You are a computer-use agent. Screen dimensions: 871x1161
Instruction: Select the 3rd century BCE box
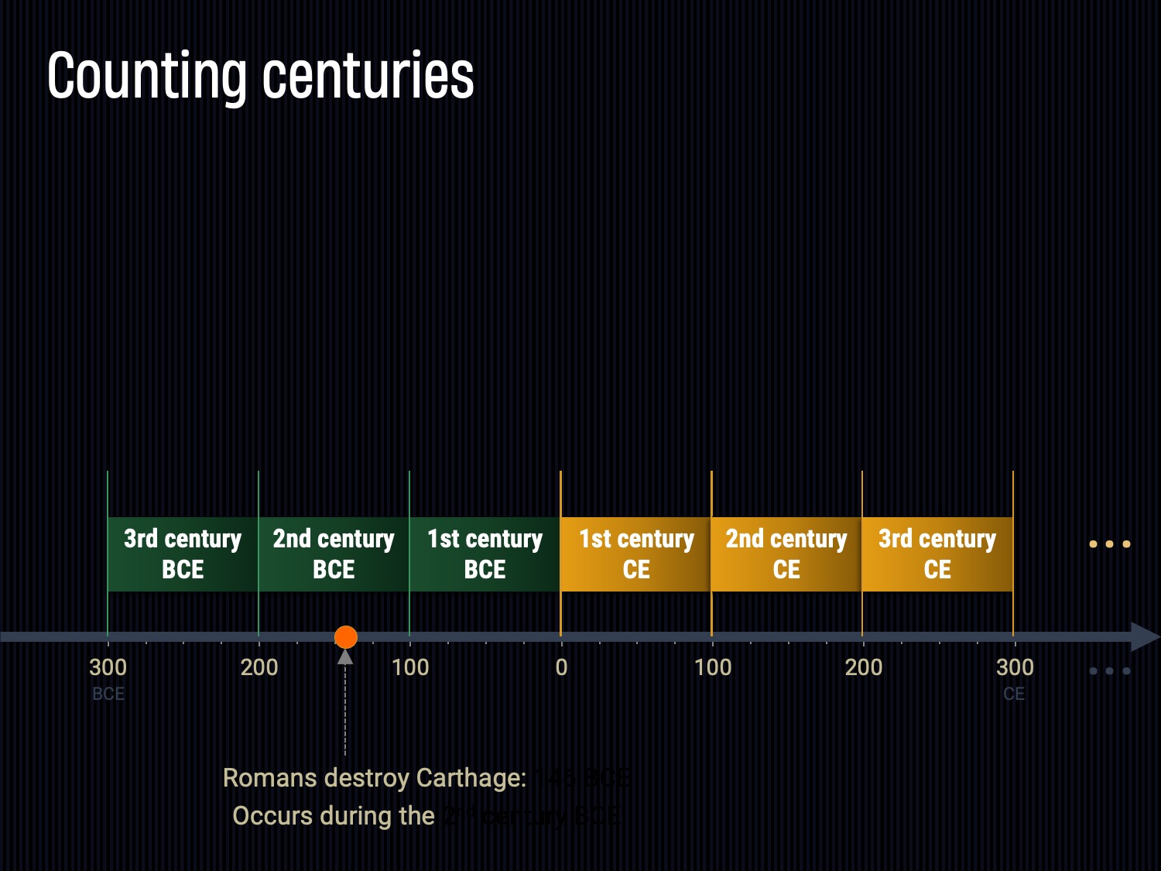[x=183, y=554]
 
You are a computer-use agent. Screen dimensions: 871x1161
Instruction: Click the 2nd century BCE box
[x=334, y=554]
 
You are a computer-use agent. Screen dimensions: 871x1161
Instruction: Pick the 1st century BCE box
[x=485, y=554]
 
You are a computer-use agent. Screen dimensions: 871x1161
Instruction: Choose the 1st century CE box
[x=635, y=554]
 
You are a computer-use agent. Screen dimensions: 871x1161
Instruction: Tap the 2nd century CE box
[x=786, y=554]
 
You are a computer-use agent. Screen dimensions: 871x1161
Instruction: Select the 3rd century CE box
[x=937, y=554]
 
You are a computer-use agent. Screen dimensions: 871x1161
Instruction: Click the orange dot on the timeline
[x=346, y=637]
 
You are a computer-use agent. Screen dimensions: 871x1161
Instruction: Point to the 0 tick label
[x=561, y=667]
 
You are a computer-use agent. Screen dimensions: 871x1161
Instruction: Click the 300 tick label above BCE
[x=108, y=667]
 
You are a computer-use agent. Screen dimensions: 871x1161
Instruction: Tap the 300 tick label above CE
[x=1014, y=667]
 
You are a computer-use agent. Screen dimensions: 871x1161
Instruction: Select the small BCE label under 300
[x=108, y=694]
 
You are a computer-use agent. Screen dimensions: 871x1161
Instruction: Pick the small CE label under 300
[x=1014, y=694]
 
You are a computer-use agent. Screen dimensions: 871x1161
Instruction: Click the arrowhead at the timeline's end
[x=1145, y=637]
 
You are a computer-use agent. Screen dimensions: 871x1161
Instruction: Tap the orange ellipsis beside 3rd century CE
[x=1110, y=544]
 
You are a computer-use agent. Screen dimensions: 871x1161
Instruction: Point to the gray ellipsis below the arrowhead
[x=1110, y=671]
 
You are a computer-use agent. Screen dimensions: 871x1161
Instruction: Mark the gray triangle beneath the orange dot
[x=345, y=657]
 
